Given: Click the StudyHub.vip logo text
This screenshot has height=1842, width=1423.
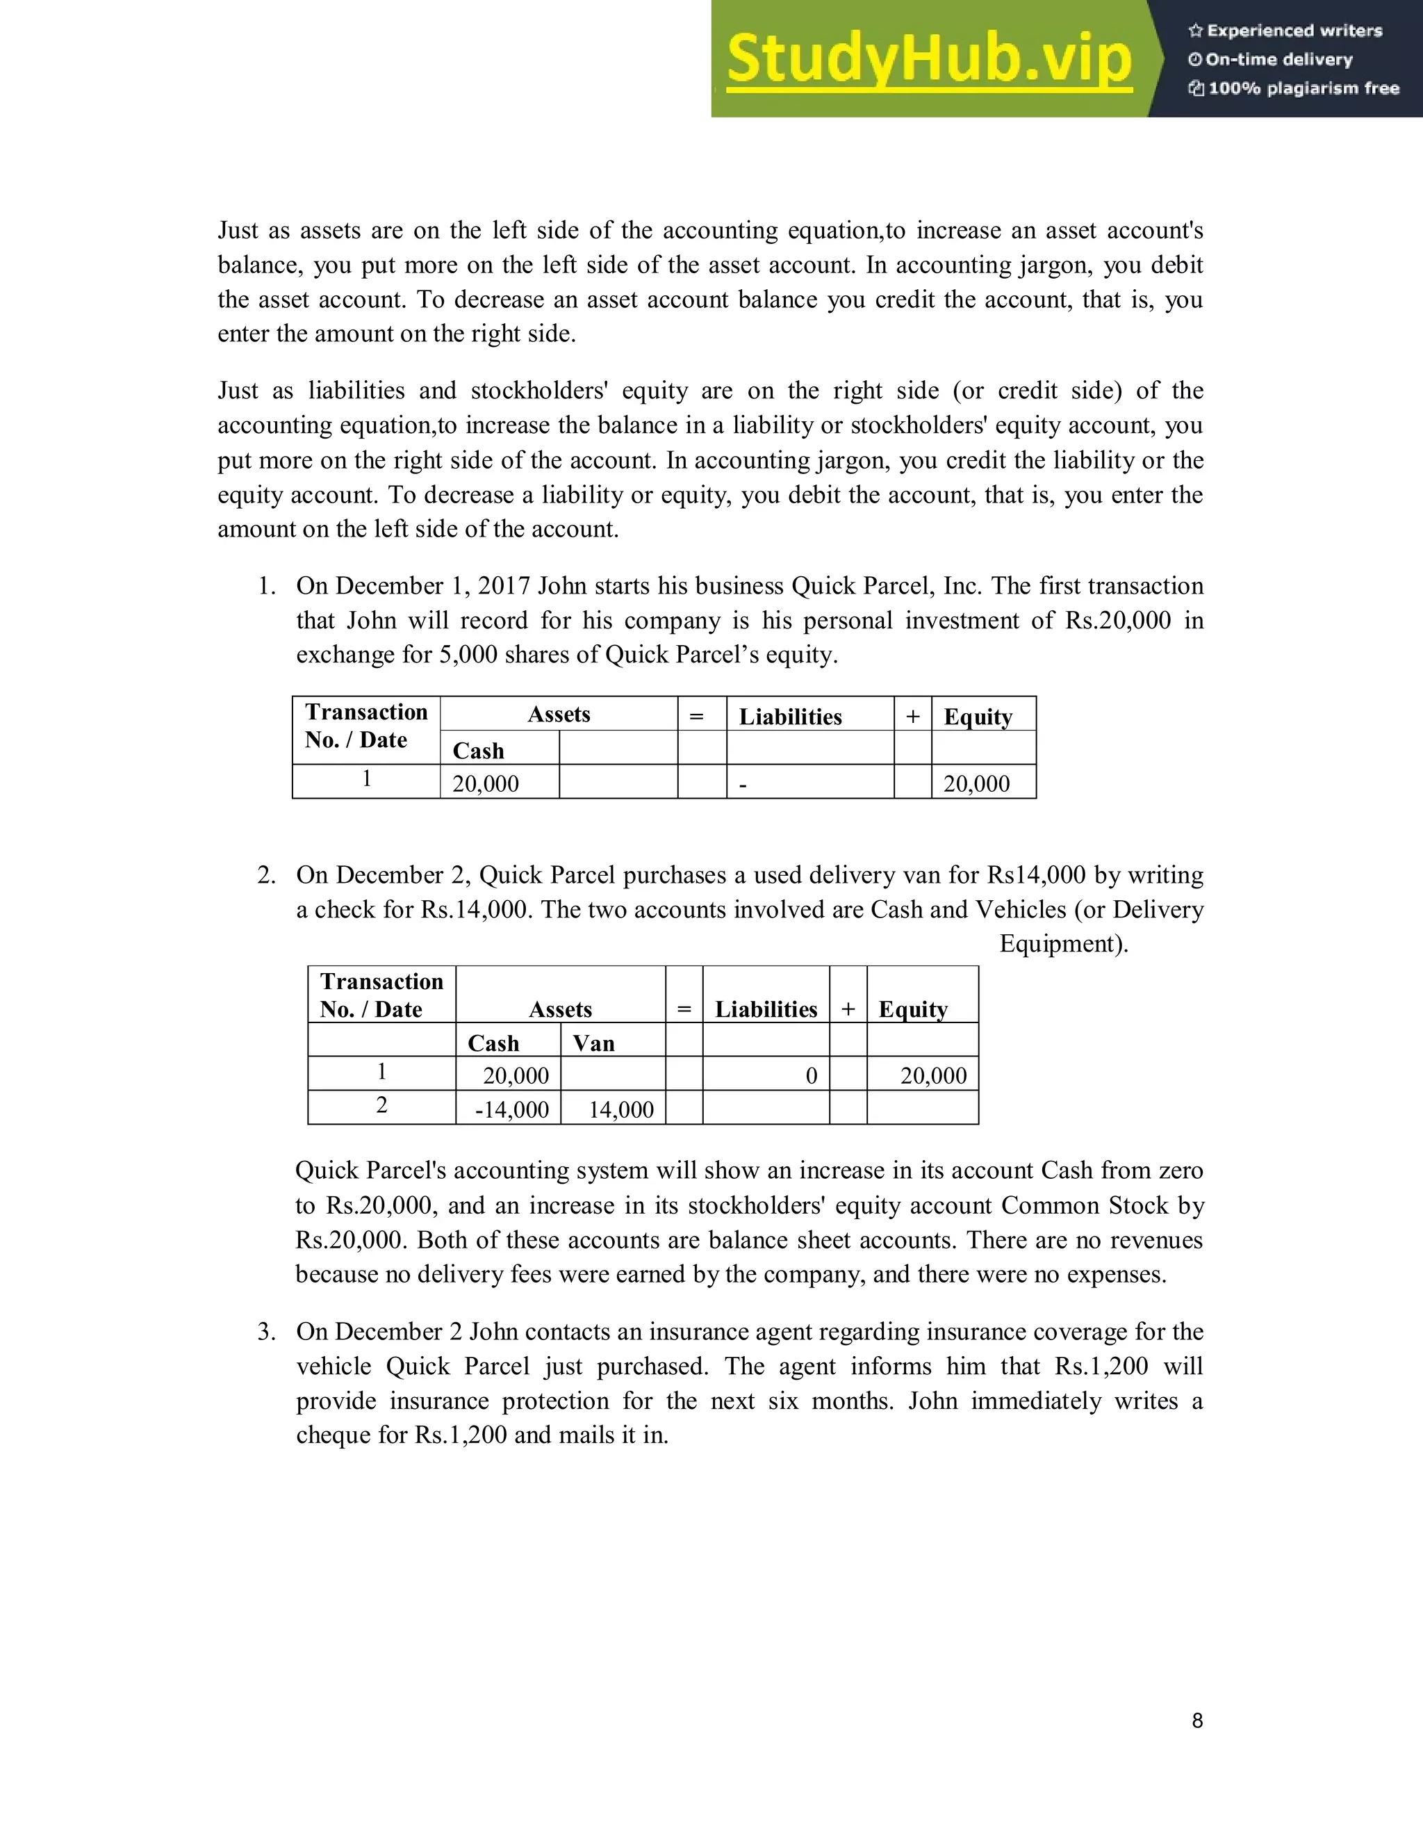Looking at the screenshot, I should click(928, 59).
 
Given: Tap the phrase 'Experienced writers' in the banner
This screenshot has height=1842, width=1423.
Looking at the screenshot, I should click(1294, 31).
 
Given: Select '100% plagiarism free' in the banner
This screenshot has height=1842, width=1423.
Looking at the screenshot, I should click(1303, 88).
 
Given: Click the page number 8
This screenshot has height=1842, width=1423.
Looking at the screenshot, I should click(1197, 1720).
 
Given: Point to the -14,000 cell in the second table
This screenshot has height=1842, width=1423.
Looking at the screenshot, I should click(511, 1109).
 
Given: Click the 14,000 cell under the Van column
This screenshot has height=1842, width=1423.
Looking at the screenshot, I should click(620, 1109).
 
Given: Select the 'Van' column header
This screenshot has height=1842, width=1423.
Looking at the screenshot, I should click(593, 1043).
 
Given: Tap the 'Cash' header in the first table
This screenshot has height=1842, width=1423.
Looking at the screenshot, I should click(478, 751).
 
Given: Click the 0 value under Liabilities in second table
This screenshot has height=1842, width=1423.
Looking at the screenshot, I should click(811, 1075).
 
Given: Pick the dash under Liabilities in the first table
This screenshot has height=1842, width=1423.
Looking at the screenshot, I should click(743, 784).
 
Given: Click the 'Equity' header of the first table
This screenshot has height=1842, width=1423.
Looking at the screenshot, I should click(978, 717).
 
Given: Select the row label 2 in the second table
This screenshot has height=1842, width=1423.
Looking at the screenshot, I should click(382, 1105).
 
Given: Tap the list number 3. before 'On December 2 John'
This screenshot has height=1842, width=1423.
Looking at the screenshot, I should click(266, 1332).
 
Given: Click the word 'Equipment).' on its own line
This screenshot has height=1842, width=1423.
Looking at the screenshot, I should click(1063, 944).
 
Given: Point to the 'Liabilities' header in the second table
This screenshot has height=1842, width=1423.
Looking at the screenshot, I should click(766, 1009).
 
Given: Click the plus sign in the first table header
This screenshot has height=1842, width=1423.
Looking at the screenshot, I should click(912, 716).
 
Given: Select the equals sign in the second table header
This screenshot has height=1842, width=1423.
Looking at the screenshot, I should click(684, 1009).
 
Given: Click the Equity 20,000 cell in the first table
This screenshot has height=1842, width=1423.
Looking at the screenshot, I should click(976, 783).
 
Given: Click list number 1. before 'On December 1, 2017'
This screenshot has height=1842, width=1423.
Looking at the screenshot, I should click(266, 586).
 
